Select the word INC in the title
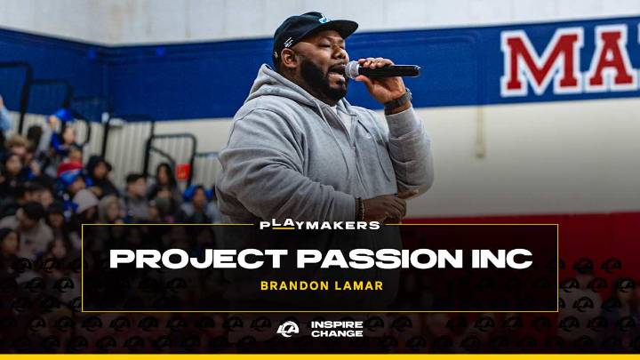click(x=502, y=259)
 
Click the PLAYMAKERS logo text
click(x=319, y=225)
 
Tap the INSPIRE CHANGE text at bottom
click(x=336, y=329)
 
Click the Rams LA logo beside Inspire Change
click(x=288, y=329)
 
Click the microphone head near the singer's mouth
click(x=355, y=68)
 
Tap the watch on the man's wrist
click(x=399, y=100)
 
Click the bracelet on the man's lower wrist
click(x=359, y=209)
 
